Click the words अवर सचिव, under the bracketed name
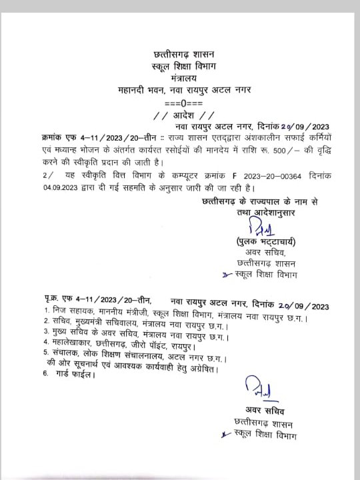(254, 253)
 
